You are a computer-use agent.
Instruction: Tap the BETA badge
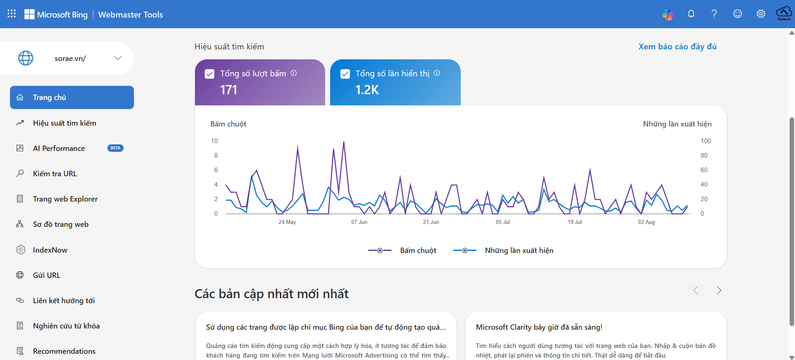(x=115, y=148)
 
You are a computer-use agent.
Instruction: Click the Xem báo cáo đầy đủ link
(x=678, y=46)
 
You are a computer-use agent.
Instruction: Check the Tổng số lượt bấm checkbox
(x=209, y=74)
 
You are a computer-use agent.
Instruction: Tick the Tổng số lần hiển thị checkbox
(x=345, y=74)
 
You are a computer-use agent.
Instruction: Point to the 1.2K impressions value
(x=367, y=90)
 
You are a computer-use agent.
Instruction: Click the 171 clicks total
(x=229, y=90)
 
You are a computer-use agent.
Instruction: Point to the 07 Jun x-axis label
(x=359, y=222)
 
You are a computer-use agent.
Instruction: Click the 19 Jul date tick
(x=575, y=222)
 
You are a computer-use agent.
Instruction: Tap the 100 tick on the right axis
(x=706, y=141)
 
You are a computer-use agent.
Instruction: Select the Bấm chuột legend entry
(x=402, y=251)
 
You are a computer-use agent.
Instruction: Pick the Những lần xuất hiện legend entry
(x=503, y=251)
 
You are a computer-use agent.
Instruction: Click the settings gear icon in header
(x=761, y=14)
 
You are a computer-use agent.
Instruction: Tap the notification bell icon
(x=691, y=14)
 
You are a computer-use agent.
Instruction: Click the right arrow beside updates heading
(x=719, y=290)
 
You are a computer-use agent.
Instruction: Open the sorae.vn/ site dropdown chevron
(x=118, y=58)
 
